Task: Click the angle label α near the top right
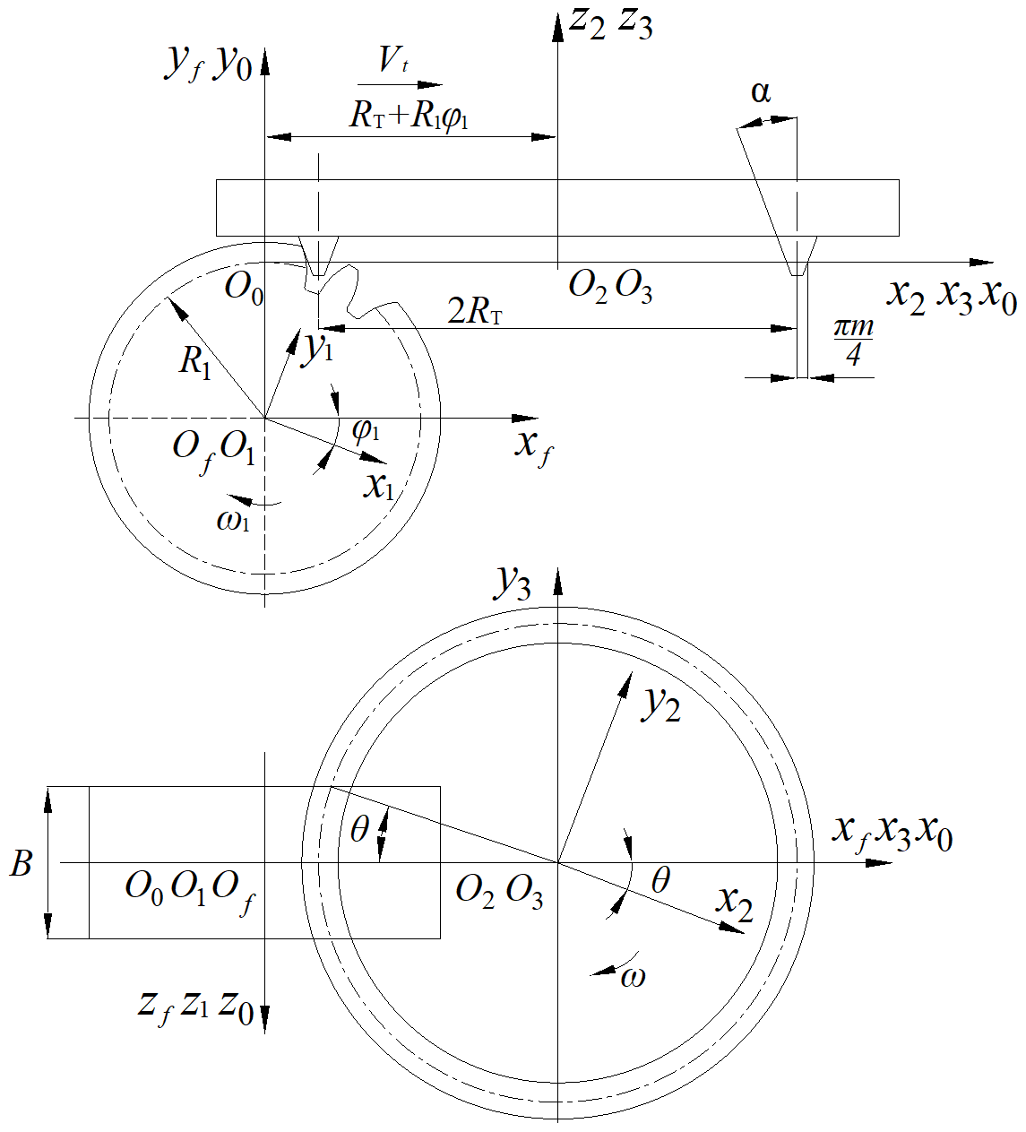tap(761, 92)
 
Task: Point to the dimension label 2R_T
tap(475, 311)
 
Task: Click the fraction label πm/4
tap(853, 343)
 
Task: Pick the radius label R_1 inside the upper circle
tap(195, 362)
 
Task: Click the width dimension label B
tap(22, 864)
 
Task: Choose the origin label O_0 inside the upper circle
tap(244, 289)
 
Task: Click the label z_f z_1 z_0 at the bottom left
tap(195, 1006)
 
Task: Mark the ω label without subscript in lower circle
tap(633, 976)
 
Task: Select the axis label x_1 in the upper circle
tap(379, 486)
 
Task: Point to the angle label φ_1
tap(366, 430)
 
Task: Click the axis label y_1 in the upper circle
tap(315, 349)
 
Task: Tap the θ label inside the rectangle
tap(359, 831)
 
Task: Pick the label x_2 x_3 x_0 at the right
tap(952, 295)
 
